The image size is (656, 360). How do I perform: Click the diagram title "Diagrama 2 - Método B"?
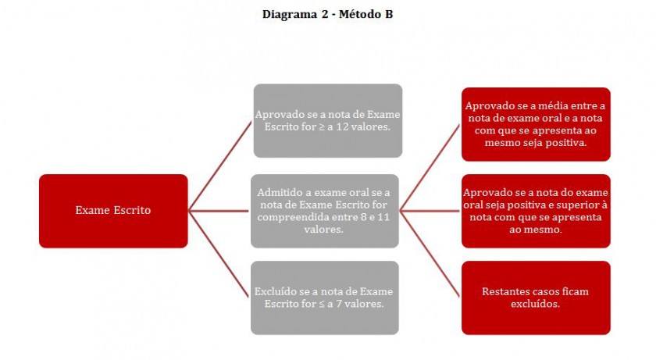coord(327,15)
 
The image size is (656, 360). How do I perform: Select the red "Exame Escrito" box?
coord(113,211)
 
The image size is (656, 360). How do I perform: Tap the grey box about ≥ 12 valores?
coord(328,120)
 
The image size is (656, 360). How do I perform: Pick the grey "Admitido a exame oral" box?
coord(325,211)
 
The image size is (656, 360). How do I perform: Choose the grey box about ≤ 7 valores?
coord(325,298)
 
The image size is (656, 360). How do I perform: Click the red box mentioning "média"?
coord(536,124)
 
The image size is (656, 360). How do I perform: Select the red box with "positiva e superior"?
coord(536,211)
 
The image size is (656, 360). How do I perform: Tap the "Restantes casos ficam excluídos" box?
coord(536,298)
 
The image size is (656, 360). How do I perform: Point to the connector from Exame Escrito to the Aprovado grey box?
coord(220,166)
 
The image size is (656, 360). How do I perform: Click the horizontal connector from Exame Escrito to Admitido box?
coord(219,211)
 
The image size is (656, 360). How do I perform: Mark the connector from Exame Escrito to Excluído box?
coord(219,255)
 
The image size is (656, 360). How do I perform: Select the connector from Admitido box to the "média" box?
coord(430,168)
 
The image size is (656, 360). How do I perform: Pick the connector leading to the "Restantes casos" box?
coord(430,255)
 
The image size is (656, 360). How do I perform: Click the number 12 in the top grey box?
coord(342,127)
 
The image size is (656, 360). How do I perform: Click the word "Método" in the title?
coord(356,15)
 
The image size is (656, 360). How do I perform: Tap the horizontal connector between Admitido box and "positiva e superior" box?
coord(430,211)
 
